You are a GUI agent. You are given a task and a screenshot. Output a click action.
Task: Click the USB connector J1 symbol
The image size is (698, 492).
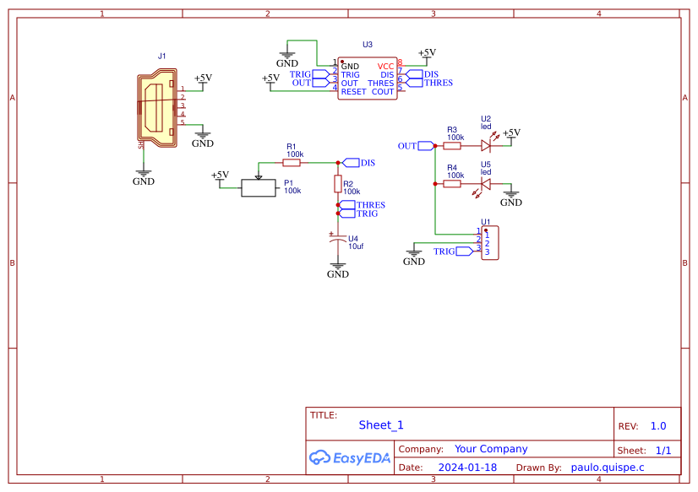(158, 110)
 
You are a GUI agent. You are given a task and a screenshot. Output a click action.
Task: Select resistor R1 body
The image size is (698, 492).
(292, 162)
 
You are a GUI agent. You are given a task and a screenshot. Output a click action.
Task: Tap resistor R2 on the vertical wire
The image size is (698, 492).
(338, 183)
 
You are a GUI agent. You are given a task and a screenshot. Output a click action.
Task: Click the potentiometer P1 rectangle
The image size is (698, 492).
(259, 188)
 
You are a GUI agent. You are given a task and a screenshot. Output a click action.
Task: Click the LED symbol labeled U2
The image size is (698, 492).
(486, 146)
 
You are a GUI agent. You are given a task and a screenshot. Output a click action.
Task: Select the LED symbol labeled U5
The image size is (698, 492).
(486, 183)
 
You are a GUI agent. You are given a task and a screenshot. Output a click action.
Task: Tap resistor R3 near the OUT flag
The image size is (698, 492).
(453, 146)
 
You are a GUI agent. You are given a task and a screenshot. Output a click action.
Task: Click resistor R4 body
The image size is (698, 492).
(453, 183)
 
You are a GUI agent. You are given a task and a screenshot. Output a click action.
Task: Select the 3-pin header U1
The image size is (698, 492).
(489, 243)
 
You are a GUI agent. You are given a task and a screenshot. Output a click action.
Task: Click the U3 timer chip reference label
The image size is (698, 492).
(367, 45)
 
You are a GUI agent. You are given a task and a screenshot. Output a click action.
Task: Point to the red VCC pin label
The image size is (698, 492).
(385, 66)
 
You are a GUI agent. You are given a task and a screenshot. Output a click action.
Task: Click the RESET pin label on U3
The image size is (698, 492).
(353, 91)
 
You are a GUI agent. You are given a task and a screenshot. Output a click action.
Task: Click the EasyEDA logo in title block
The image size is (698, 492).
(350, 457)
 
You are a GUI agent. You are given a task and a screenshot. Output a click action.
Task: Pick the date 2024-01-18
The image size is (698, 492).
(467, 467)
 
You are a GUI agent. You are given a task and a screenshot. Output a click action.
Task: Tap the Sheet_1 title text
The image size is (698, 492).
(381, 425)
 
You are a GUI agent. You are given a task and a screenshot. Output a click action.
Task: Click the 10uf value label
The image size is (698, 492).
(356, 246)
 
